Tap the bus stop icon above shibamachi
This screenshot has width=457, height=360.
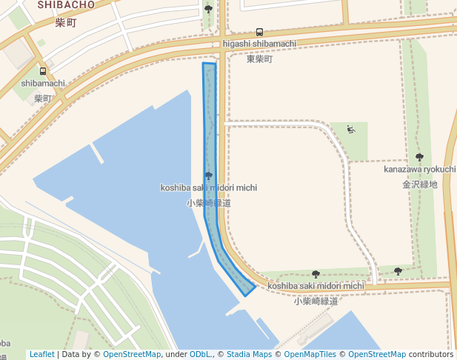(x=43, y=71)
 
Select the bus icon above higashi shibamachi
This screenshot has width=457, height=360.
(x=259, y=32)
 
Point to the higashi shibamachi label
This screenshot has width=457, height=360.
(x=259, y=44)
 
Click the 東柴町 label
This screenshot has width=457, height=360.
(x=259, y=59)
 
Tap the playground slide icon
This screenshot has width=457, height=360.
(x=351, y=130)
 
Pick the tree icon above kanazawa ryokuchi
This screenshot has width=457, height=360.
(x=419, y=157)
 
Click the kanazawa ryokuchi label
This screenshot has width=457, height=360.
(x=419, y=170)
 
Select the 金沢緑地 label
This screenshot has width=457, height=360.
(x=419, y=184)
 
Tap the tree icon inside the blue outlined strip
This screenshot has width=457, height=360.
(x=208, y=176)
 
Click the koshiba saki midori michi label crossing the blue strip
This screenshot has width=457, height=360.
(x=209, y=188)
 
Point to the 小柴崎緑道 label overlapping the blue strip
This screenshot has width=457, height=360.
(x=209, y=202)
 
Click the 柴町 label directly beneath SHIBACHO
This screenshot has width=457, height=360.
(x=65, y=23)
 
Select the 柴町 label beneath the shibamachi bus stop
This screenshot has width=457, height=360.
(x=43, y=98)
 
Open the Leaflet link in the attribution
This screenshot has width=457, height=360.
(x=41, y=354)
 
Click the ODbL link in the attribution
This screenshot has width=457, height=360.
(x=199, y=354)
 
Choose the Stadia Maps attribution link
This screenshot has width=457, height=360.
(x=249, y=354)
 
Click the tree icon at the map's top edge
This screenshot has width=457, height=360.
(x=208, y=9)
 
